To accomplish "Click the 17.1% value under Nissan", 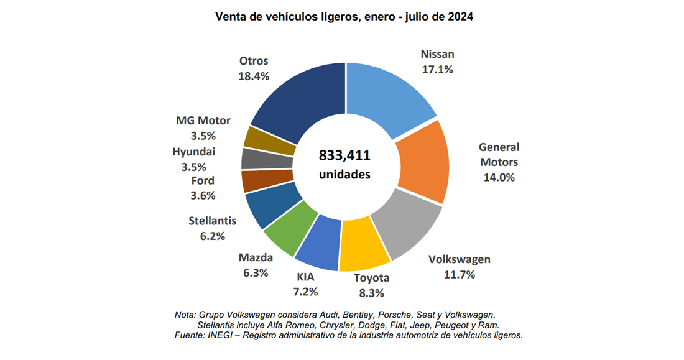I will tap(437, 70).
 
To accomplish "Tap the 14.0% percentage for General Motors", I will tap(499, 178).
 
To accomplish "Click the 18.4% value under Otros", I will tap(253, 76).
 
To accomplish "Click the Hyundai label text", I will tap(195, 151).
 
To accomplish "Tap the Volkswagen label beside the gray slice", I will tap(460, 259).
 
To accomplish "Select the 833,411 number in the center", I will tap(344, 155).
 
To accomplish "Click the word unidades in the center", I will tap(344, 175).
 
